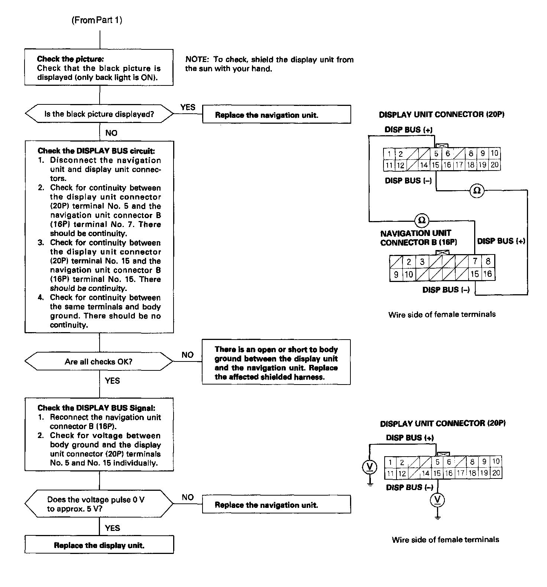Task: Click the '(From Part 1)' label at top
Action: (x=97, y=20)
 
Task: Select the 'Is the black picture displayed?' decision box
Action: (x=99, y=114)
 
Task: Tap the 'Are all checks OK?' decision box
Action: (x=99, y=361)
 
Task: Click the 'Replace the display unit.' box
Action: (x=99, y=545)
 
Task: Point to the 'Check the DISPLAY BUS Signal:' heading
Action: (x=96, y=408)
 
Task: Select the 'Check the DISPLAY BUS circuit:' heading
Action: (x=96, y=151)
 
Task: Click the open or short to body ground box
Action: (x=276, y=363)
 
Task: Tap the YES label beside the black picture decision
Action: (x=188, y=107)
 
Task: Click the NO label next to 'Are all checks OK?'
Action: (x=188, y=355)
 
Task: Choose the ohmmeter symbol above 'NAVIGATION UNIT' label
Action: (x=422, y=220)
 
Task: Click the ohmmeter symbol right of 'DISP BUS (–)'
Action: (x=477, y=191)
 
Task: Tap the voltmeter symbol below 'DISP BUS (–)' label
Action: (x=437, y=500)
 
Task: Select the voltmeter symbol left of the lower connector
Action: (x=369, y=467)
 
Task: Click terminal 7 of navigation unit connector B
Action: (x=475, y=262)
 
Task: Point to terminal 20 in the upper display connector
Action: (x=495, y=165)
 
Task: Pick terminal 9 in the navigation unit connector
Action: (x=396, y=275)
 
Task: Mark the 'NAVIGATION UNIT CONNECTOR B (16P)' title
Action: (x=418, y=238)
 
